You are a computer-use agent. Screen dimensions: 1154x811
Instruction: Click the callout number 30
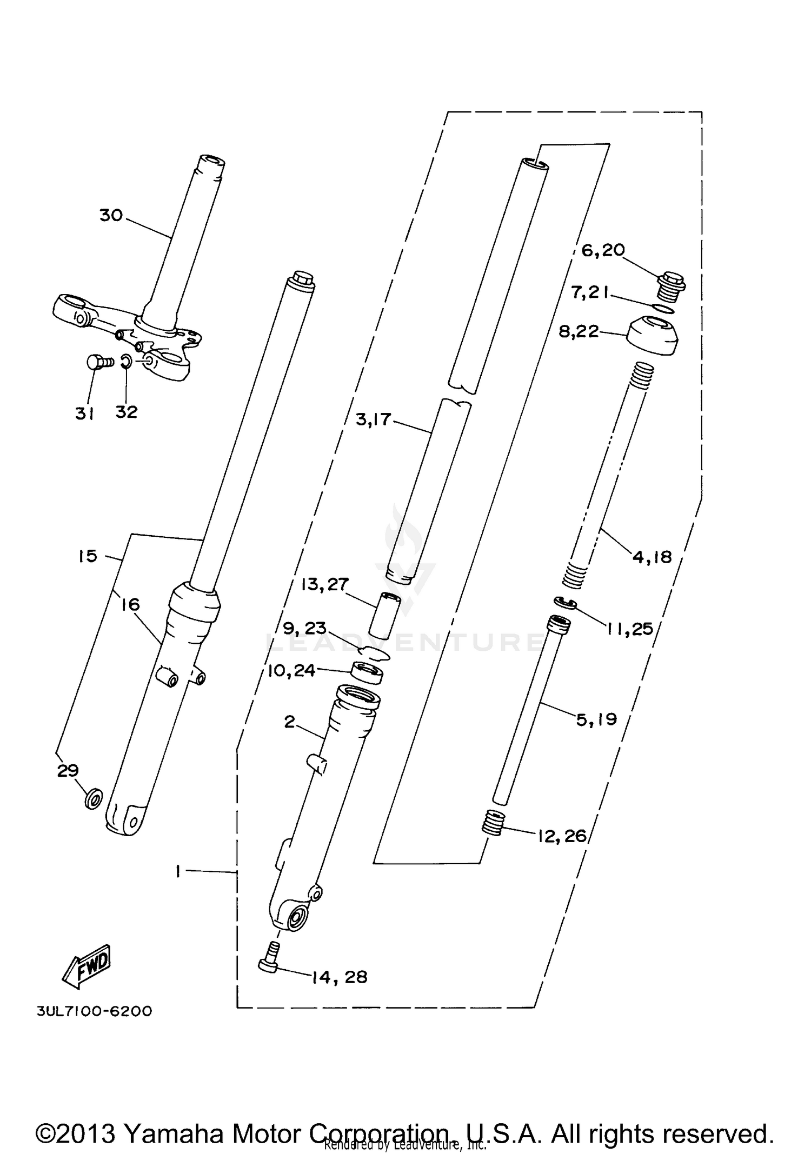pyautogui.click(x=111, y=215)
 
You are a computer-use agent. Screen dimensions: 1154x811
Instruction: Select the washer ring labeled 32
pyautogui.click(x=125, y=361)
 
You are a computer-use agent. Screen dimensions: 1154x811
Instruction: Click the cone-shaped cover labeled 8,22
pyautogui.click(x=653, y=336)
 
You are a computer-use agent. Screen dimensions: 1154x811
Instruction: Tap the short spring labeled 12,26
pyautogui.click(x=493, y=838)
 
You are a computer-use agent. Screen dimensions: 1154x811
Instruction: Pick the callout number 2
pyautogui.click(x=290, y=722)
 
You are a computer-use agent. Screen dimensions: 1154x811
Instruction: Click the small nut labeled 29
pyautogui.click(x=93, y=797)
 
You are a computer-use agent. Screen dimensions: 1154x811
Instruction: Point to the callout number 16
pyautogui.click(x=130, y=604)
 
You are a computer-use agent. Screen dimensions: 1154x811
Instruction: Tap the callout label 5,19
pyautogui.click(x=596, y=719)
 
